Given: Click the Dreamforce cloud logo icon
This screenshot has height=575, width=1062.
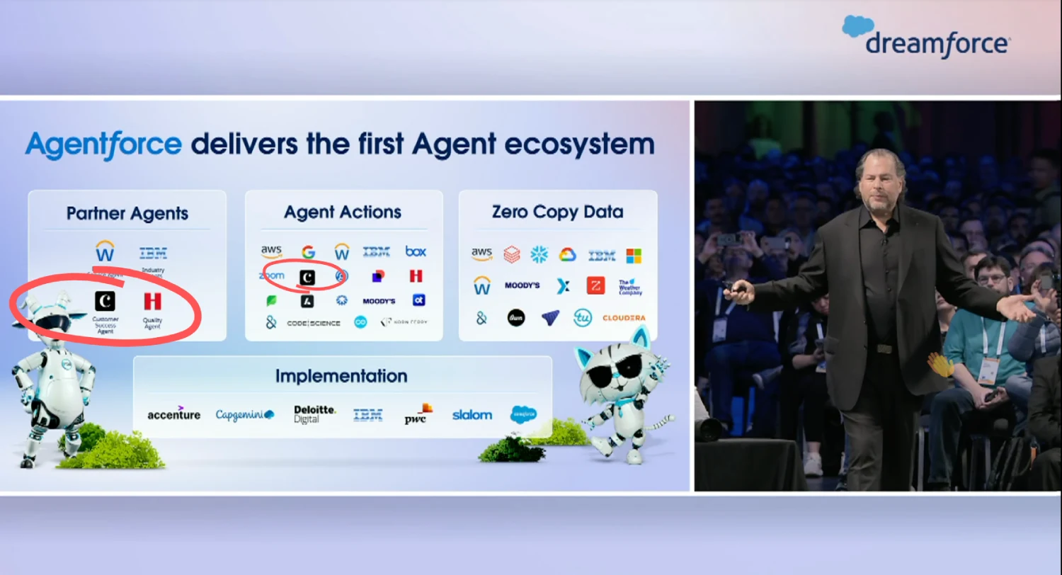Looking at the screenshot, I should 858,26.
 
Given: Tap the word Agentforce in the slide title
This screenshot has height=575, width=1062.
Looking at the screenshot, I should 103,144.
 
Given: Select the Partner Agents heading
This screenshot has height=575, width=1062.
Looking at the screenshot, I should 127,213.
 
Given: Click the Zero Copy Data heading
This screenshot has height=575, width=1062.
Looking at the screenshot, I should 557,211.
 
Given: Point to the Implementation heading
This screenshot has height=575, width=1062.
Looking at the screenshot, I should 341,376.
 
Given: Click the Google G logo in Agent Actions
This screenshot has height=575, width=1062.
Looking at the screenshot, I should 308,251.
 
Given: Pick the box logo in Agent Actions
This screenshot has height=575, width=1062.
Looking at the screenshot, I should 416,251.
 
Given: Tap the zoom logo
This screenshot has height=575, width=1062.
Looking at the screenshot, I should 272,276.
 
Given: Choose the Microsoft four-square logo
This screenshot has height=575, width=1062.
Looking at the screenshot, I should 634,255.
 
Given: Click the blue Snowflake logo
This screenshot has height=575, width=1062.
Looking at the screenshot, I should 539,254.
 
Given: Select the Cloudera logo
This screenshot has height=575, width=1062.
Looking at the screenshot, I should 623,318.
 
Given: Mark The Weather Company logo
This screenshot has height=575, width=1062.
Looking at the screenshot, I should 629,287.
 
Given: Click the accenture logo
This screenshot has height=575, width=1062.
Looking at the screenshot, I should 174,414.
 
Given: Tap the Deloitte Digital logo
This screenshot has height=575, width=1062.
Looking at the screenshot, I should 314,414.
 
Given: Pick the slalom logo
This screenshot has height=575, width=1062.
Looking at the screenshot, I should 472,414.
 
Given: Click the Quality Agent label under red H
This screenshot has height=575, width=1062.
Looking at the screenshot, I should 152,323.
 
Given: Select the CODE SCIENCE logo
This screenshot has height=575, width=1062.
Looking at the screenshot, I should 314,323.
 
